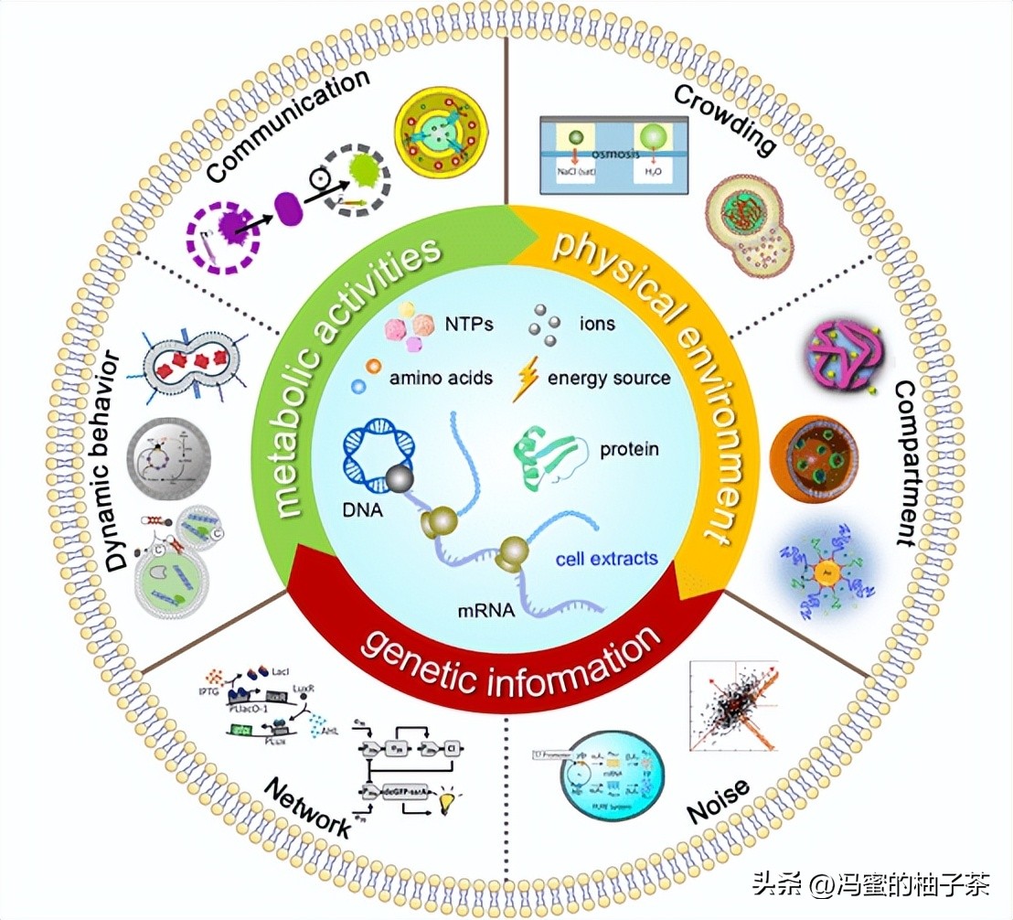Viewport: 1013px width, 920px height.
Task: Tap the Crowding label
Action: coord(724,118)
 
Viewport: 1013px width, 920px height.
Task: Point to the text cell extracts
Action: coord(607,558)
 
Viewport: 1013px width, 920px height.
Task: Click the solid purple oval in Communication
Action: coord(288,209)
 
